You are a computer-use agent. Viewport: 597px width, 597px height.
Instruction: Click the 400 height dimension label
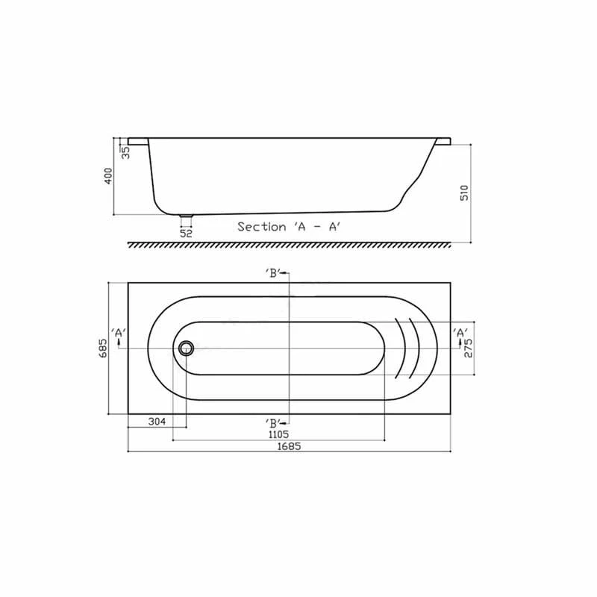point(108,176)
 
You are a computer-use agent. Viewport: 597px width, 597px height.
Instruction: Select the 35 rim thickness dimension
point(125,151)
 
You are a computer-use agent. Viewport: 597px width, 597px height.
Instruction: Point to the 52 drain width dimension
point(186,233)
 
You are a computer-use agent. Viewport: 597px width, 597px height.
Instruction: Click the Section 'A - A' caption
point(290,226)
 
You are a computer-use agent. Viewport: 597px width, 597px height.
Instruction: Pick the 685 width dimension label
point(104,348)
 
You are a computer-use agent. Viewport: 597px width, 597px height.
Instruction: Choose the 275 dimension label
point(468,348)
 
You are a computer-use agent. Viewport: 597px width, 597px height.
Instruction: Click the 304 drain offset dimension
point(156,422)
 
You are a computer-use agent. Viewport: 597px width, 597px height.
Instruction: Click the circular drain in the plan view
point(186,348)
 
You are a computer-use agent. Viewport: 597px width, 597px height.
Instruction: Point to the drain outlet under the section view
point(186,219)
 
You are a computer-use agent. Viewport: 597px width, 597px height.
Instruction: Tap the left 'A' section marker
point(118,334)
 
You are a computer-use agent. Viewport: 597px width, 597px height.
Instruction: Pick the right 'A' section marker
point(460,334)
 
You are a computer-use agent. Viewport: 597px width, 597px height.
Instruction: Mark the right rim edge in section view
point(443,140)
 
